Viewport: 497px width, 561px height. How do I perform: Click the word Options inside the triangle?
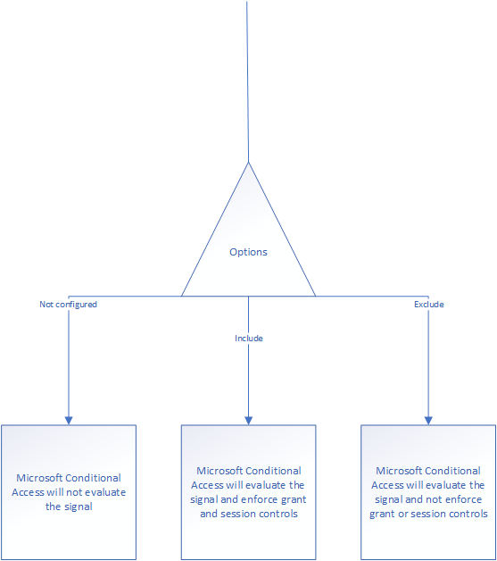click(x=248, y=252)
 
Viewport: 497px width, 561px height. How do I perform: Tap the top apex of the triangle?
click(x=248, y=163)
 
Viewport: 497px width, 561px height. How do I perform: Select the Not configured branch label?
click(x=68, y=305)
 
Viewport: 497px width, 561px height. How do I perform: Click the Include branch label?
click(x=249, y=338)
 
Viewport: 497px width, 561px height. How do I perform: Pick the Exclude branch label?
click(x=429, y=305)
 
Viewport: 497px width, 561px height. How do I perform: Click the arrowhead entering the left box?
click(x=69, y=421)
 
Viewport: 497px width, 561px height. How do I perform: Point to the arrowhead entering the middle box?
click(x=248, y=421)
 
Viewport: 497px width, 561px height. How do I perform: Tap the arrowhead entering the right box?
click(x=428, y=421)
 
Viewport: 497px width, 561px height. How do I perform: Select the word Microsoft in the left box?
click(x=39, y=478)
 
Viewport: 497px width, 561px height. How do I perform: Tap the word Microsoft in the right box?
click(x=399, y=471)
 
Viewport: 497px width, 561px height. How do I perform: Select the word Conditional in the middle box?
click(x=274, y=471)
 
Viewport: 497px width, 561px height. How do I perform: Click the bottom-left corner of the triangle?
click(x=181, y=296)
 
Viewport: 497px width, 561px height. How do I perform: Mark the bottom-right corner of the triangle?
click(x=316, y=296)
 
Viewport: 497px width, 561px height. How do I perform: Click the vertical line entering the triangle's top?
click(x=247, y=81)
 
